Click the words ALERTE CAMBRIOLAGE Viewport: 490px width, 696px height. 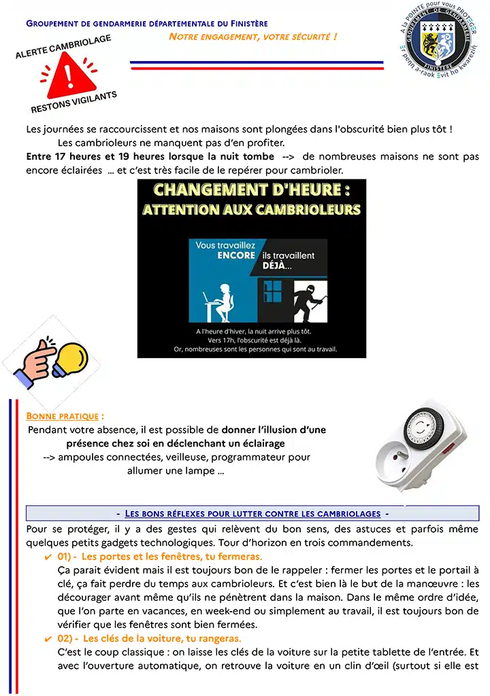point(63,47)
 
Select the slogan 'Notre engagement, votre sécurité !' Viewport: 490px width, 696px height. point(252,36)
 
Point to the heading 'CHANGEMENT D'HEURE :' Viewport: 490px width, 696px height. point(252,190)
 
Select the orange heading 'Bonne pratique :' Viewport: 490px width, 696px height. point(65,416)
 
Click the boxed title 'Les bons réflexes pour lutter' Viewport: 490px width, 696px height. point(252,514)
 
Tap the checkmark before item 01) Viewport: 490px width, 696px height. point(48,557)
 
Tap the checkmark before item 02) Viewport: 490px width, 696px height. point(48,639)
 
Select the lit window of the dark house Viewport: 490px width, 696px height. point(274,289)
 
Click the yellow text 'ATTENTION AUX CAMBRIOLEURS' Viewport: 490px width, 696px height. point(252,209)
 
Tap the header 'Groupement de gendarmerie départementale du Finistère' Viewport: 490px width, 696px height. point(147,24)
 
